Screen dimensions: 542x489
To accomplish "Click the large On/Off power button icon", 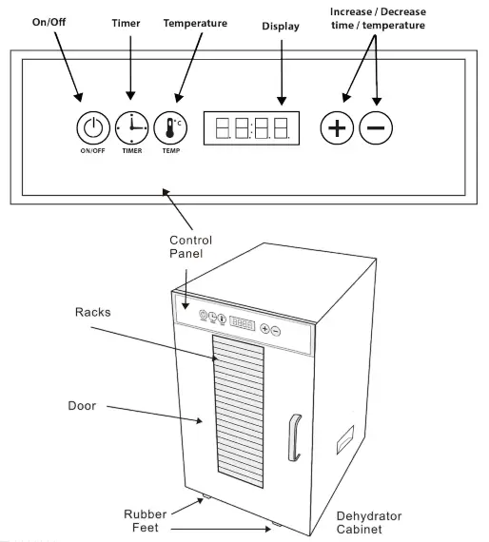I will (x=92, y=126).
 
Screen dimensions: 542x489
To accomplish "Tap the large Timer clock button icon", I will (x=131, y=126).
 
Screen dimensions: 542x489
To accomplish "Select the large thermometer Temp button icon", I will (x=169, y=126).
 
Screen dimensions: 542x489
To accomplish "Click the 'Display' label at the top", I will (x=281, y=27).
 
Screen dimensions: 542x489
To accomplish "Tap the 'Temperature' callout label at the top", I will (x=195, y=22).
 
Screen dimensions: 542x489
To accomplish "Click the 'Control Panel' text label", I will (x=190, y=247).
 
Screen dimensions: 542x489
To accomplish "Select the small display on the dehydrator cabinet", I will (x=241, y=323).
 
